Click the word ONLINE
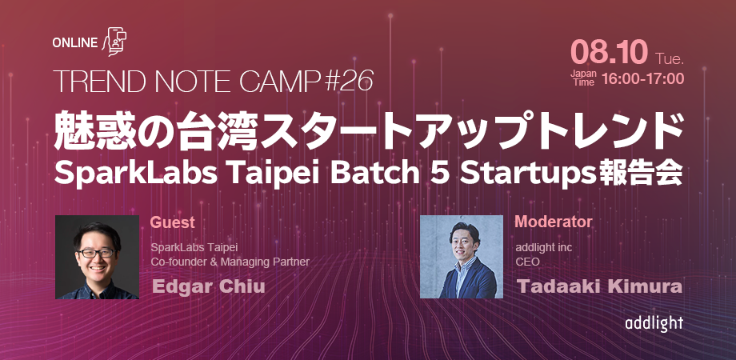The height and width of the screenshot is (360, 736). tap(74, 43)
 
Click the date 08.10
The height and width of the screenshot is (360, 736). tap(609, 52)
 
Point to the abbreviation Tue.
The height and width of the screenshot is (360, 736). tap(670, 58)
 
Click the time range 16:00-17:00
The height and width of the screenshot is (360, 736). tap(642, 79)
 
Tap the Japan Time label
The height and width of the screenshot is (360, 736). tap(583, 78)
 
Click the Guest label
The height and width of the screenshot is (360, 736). tap(172, 222)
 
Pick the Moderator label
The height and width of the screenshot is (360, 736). tap(554, 222)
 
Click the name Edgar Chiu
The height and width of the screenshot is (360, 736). tap(209, 286)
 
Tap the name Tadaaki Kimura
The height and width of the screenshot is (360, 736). tap(599, 286)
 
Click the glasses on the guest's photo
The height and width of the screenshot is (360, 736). tap(96, 253)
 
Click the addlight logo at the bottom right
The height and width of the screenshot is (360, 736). tap(654, 324)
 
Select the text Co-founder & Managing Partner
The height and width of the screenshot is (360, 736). tap(230, 262)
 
